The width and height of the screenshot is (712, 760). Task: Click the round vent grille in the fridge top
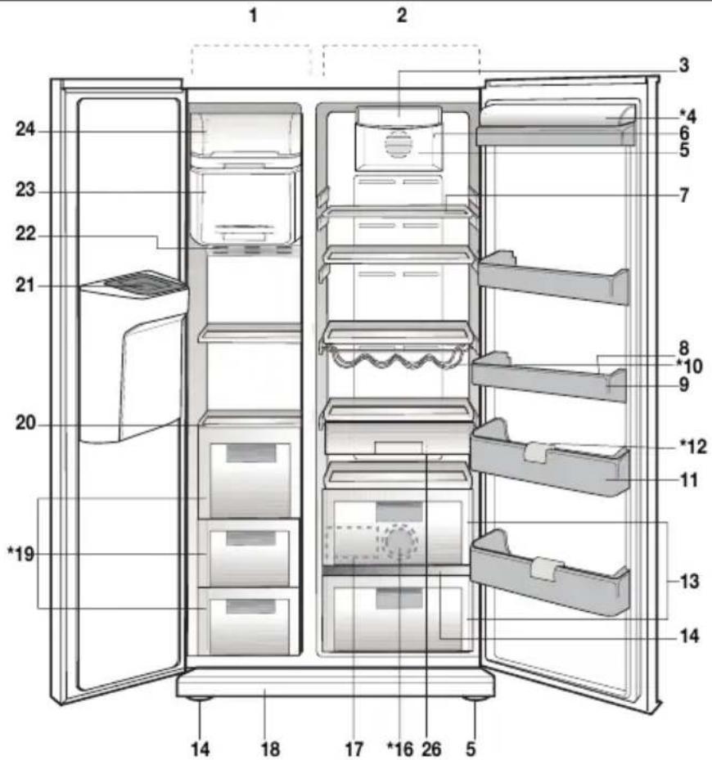point(396,146)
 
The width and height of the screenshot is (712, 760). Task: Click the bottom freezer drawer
point(250,624)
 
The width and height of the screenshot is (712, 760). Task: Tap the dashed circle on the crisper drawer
point(399,542)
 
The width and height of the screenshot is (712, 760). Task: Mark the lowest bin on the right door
point(550,577)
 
